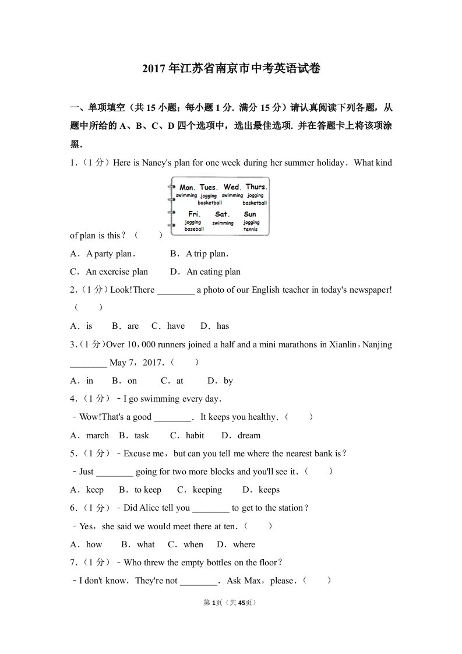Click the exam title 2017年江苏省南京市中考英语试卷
[231, 69]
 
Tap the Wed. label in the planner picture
[232, 187]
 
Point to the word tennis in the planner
[251, 229]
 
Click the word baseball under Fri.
[194, 229]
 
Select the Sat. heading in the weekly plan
[223, 215]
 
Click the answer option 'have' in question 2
[175, 326]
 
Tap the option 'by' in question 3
[228, 381]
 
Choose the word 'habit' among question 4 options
[195, 435]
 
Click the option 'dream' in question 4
[249, 435]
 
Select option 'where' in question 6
[244, 544]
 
